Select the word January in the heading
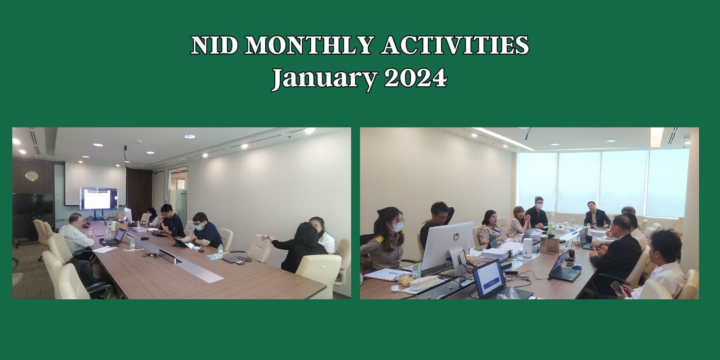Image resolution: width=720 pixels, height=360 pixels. pyautogui.click(x=324, y=78)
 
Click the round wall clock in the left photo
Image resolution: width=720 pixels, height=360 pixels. pyautogui.click(x=32, y=175)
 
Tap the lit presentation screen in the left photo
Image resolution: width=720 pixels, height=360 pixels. pyautogui.click(x=99, y=198)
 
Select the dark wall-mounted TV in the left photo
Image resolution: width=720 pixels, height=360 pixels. pyautogui.click(x=33, y=204)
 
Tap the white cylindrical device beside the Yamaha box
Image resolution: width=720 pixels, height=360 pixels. pyautogui.click(x=528, y=248)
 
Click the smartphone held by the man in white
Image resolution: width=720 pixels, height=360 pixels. pyautogui.click(x=616, y=287)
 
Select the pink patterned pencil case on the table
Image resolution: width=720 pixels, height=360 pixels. pyautogui.click(x=424, y=283)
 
